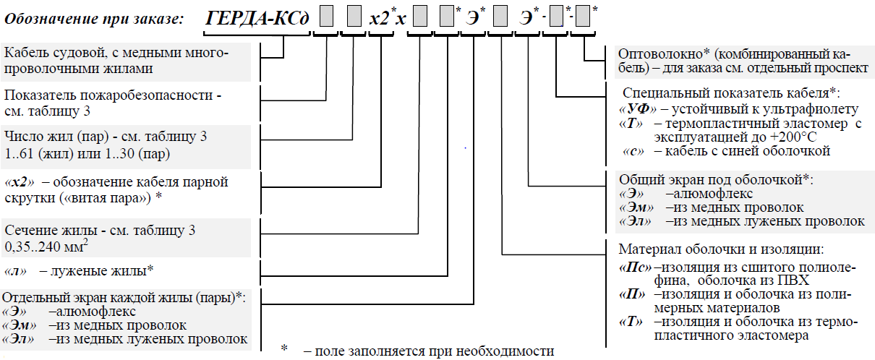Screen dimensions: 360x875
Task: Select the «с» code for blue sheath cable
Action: tap(632, 151)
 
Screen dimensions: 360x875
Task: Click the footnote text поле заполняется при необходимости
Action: tap(428, 352)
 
